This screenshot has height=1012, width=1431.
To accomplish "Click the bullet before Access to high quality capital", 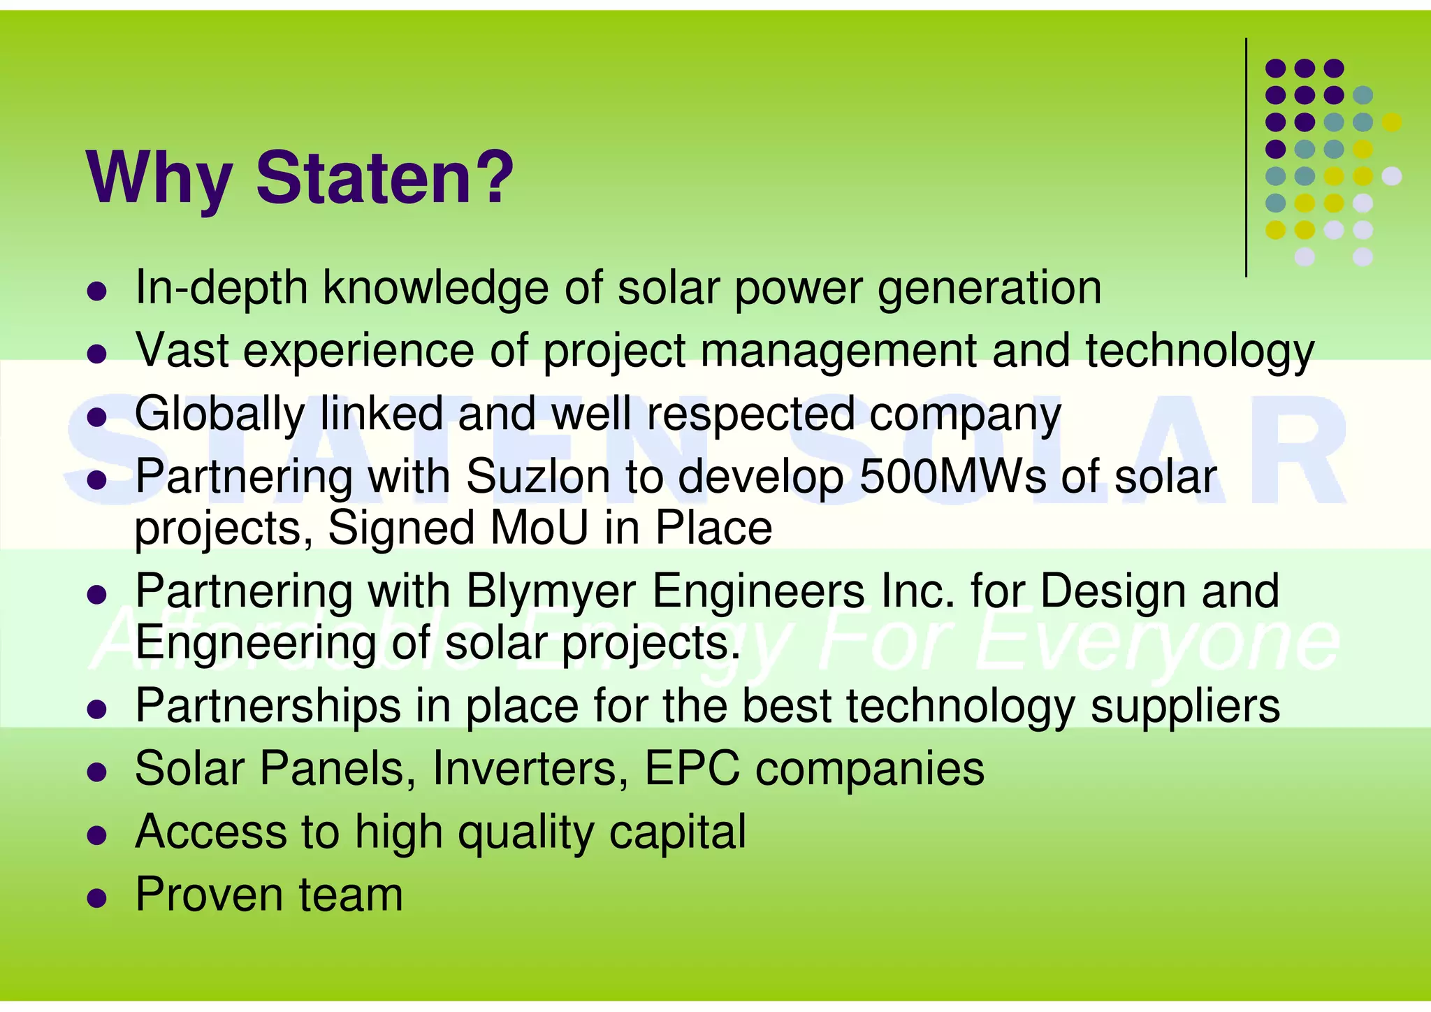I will coord(96,834).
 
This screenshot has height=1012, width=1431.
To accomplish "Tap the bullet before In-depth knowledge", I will coord(96,291).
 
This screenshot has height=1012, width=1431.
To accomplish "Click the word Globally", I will coord(219,415).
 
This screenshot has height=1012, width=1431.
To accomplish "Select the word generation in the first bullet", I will coord(989,289).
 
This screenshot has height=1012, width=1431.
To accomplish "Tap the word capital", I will coord(677,833).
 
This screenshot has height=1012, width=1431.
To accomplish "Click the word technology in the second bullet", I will coord(1200,352).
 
